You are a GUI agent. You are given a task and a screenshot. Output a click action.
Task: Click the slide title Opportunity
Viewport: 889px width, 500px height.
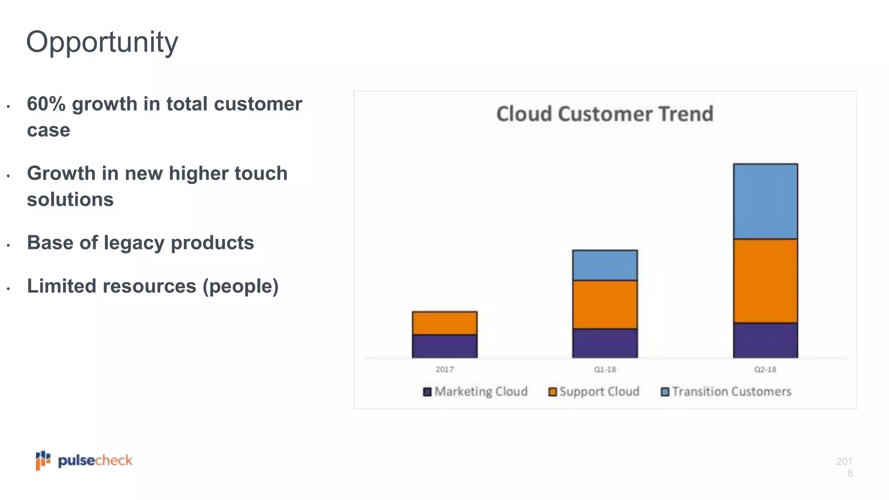pyautogui.click(x=102, y=43)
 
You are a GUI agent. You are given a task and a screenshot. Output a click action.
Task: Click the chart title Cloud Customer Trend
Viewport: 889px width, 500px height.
pyautogui.click(x=605, y=114)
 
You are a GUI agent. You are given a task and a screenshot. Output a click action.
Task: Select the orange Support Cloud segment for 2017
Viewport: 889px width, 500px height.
pyautogui.click(x=444, y=323)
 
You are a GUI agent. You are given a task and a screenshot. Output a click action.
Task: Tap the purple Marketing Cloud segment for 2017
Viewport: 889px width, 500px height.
pyautogui.click(x=444, y=346)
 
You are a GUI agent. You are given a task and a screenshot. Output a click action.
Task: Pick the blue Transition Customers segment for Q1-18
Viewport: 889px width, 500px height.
pyautogui.click(x=605, y=265)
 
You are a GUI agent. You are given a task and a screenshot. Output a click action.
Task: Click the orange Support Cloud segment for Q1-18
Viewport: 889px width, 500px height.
pyautogui.click(x=605, y=305)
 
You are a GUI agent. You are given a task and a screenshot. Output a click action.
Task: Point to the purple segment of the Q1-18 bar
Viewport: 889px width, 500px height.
pyautogui.click(x=605, y=343)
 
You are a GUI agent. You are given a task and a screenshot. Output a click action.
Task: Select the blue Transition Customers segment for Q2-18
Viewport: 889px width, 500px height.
pyautogui.click(x=765, y=201)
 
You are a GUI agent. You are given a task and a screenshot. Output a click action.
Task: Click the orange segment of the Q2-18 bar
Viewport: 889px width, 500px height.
pyautogui.click(x=765, y=281)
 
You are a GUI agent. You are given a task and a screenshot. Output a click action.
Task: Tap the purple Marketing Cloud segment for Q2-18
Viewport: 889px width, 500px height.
pyautogui.click(x=765, y=341)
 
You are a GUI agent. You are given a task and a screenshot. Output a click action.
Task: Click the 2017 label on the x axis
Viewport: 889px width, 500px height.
pyautogui.click(x=444, y=369)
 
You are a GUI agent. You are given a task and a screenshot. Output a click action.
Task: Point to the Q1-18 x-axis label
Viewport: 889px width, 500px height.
pyautogui.click(x=605, y=369)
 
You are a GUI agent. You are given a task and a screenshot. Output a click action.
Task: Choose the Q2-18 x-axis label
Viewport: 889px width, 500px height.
pyautogui.click(x=765, y=369)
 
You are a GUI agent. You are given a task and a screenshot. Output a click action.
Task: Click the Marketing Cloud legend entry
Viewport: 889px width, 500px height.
pyautogui.click(x=475, y=391)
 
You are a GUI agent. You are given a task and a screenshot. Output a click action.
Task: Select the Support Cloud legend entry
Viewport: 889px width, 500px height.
pyautogui.click(x=594, y=391)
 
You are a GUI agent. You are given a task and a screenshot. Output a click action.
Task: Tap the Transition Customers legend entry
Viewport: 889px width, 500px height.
pyautogui.click(x=726, y=391)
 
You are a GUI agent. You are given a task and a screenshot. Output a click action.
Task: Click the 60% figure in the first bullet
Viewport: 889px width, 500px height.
pyautogui.click(x=46, y=104)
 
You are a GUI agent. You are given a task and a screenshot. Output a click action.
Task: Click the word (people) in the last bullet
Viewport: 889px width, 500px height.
pyautogui.click(x=240, y=286)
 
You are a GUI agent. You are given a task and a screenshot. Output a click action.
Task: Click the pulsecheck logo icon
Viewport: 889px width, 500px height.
pyautogui.click(x=43, y=460)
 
